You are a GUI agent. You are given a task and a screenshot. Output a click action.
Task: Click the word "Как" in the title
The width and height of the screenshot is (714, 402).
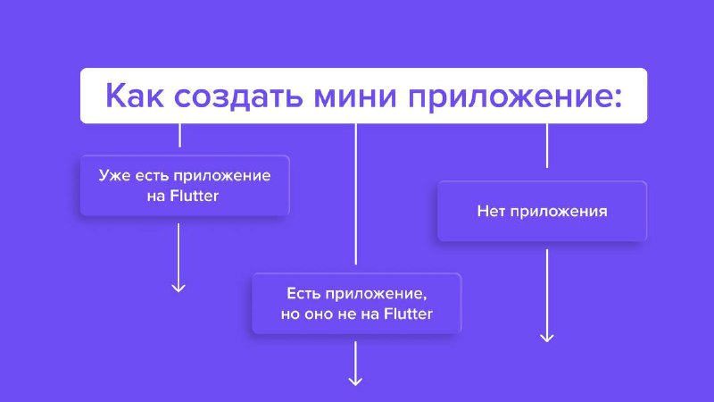coord(135,96)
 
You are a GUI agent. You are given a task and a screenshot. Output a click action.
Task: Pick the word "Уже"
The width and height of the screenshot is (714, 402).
coord(114,176)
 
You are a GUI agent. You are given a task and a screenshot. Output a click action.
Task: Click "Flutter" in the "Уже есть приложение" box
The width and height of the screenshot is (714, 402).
coord(194,196)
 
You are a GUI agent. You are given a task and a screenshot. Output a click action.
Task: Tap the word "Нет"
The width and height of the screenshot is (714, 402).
coord(491,211)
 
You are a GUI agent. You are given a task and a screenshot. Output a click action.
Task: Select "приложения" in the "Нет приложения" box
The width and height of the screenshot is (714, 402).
coord(559,212)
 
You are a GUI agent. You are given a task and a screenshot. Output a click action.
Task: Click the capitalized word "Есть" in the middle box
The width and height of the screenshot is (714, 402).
coord(303,294)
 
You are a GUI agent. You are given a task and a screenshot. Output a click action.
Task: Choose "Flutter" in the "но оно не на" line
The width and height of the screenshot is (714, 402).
coord(408,314)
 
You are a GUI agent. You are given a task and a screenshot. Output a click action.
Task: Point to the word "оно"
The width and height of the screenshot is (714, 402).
coord(319,314)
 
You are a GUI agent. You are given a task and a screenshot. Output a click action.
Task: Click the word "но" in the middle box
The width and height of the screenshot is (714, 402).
coord(290,314)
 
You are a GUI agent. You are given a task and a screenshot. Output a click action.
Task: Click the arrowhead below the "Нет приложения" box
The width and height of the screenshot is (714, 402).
coord(547,338)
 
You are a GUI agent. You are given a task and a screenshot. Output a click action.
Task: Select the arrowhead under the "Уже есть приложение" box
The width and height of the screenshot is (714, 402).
coord(178,288)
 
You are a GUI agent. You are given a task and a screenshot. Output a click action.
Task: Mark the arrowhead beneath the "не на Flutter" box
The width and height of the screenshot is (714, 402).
coord(355,381)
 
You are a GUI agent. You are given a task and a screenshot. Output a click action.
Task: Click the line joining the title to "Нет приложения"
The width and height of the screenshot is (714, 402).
coord(547,146)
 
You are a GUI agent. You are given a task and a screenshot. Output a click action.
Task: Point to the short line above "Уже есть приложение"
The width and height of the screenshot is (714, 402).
coord(180,136)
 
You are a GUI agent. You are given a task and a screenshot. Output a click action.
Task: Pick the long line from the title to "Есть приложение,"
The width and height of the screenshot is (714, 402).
coord(355,194)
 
